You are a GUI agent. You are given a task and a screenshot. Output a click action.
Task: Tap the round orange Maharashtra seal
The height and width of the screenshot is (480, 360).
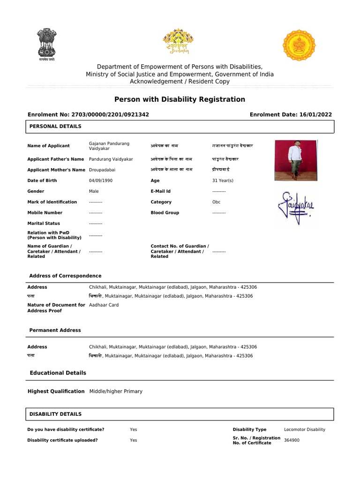[x=302, y=45]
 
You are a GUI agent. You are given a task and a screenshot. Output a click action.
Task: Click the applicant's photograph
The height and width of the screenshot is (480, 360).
[x=295, y=160]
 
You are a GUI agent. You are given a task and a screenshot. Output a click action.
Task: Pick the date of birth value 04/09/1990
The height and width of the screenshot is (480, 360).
[x=101, y=180]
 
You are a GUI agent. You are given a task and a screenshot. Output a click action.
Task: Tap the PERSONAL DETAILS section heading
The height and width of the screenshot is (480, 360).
[x=55, y=127]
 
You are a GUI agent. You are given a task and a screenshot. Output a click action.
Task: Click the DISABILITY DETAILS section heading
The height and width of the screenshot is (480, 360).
[x=55, y=414]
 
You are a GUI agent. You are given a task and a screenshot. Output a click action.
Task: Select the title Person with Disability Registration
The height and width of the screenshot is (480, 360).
[x=180, y=99]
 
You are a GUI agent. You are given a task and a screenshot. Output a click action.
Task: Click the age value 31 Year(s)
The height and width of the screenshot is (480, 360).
[x=223, y=180]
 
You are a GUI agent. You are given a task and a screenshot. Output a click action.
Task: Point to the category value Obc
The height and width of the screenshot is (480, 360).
[x=216, y=202]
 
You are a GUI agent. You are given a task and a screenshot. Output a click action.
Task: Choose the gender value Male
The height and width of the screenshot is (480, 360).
[x=94, y=191]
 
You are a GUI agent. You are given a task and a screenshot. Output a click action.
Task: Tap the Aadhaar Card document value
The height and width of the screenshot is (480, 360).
[x=104, y=305]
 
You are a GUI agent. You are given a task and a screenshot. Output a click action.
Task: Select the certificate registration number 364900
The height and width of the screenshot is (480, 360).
[x=292, y=440]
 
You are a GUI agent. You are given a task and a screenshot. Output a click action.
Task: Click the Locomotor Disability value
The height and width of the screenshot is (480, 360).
[x=304, y=429]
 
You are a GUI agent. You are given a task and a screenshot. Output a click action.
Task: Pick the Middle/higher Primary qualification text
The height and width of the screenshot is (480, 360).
[x=115, y=391]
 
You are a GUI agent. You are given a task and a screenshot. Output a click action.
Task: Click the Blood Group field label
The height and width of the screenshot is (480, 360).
[x=164, y=213]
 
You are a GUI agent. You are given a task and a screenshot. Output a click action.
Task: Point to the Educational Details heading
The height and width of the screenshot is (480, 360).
[x=58, y=373]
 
